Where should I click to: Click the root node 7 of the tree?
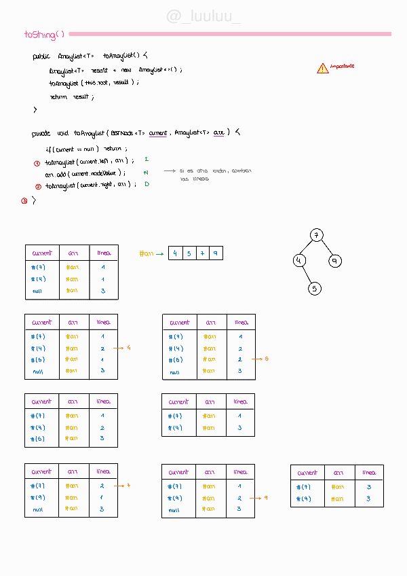coord(316,235)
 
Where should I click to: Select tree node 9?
coord(334,261)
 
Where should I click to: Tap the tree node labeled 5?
coord(314,288)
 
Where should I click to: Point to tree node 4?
coord(298,261)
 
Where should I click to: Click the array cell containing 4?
coord(175,253)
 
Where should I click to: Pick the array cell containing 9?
coord(216,253)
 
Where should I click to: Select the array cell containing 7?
coord(202,253)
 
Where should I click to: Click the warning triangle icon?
coord(322,68)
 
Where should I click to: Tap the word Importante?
coord(343,67)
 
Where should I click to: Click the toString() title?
coord(44,34)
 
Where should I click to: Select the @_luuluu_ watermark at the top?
coord(203,16)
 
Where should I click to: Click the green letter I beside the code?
coord(146,159)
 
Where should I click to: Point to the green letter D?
coord(146,184)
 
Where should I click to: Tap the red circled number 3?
coord(24,200)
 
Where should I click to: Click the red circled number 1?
coord(37,163)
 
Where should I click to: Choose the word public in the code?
coord(41,56)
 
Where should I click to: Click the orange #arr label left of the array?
coord(146,254)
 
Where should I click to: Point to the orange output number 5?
coord(267,359)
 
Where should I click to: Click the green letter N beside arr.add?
coord(146,173)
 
